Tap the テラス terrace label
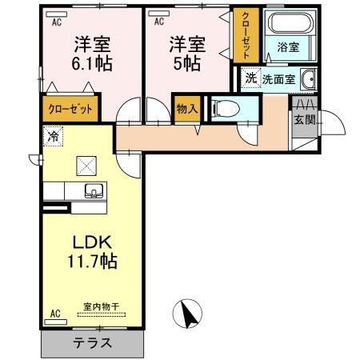(x=93, y=343)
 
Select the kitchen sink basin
(x=93, y=190)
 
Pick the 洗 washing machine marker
(x=250, y=78)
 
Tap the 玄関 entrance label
(x=305, y=121)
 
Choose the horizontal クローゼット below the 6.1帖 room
(x=70, y=109)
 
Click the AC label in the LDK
(x=56, y=313)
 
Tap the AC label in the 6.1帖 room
(x=57, y=22)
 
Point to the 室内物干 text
(x=100, y=306)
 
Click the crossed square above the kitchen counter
(x=86, y=166)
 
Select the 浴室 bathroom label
(x=288, y=48)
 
